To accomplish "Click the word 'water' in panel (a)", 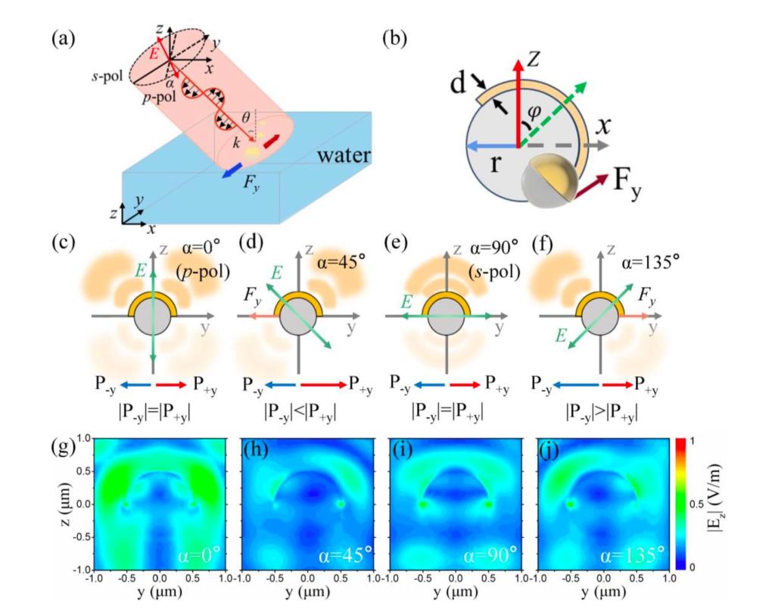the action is point(344,155).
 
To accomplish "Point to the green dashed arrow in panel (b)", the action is point(552,114).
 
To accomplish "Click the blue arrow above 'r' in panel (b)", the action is point(491,146).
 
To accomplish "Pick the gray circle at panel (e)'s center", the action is point(447,317).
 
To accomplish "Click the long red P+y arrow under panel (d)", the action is point(323,384).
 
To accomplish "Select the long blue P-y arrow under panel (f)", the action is point(576,384).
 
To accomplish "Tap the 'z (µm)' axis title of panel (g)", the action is point(66,504).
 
